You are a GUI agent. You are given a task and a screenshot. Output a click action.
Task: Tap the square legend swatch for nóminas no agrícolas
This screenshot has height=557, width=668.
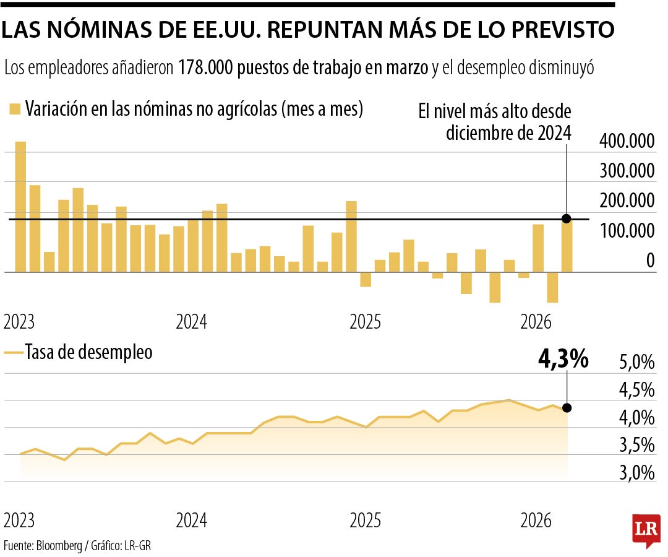click(15, 110)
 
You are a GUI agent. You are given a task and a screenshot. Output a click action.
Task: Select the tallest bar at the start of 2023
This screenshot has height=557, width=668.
click(20, 206)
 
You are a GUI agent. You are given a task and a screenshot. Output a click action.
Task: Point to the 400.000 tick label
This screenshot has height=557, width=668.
click(627, 142)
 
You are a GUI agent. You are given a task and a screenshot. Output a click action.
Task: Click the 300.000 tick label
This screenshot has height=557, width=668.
click(627, 172)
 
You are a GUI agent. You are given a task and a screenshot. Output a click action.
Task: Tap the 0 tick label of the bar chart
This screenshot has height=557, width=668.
click(650, 261)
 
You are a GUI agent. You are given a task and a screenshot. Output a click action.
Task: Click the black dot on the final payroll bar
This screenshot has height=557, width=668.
click(567, 218)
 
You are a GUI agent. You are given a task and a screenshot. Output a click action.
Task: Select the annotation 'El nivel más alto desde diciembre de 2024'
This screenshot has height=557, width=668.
click(494, 123)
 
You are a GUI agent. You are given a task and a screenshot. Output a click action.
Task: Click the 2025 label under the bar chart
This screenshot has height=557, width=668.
click(366, 322)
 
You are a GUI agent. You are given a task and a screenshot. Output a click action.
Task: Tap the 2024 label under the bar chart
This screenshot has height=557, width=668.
click(192, 322)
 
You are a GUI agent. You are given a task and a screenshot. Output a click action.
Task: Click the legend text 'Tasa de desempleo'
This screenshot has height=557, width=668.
click(88, 353)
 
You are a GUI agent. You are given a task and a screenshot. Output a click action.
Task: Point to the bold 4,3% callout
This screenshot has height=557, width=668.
click(563, 360)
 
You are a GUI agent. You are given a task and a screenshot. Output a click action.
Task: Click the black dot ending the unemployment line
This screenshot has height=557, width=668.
click(567, 408)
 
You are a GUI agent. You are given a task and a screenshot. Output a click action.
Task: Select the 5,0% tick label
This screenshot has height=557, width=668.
click(636, 363)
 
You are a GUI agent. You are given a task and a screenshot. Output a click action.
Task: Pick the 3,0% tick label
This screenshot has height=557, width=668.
click(636, 473)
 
